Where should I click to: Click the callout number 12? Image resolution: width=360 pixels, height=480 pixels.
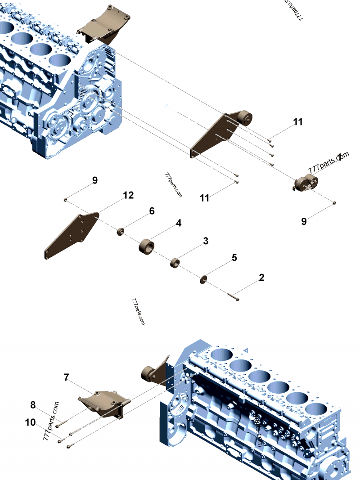pos(128,195)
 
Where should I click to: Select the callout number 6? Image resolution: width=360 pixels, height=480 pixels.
pos(152,211)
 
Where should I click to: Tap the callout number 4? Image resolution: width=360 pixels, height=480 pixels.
pos(179,223)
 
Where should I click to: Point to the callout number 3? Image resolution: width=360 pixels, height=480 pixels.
pos(206,241)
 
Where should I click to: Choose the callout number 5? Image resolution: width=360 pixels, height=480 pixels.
pos(234,257)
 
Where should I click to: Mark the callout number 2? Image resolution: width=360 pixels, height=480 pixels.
pos(261,278)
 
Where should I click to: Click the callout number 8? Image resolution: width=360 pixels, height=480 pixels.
pos(33,404)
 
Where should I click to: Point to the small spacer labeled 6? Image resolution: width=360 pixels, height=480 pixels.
pos(121,232)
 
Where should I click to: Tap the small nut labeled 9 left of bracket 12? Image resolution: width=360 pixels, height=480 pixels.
pos(66,199)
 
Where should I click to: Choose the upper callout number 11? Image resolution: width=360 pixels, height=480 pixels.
pos(298,121)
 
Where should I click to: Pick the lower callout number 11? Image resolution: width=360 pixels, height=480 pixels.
pos(205,197)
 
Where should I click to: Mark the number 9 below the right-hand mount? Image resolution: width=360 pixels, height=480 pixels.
pos(304,221)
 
